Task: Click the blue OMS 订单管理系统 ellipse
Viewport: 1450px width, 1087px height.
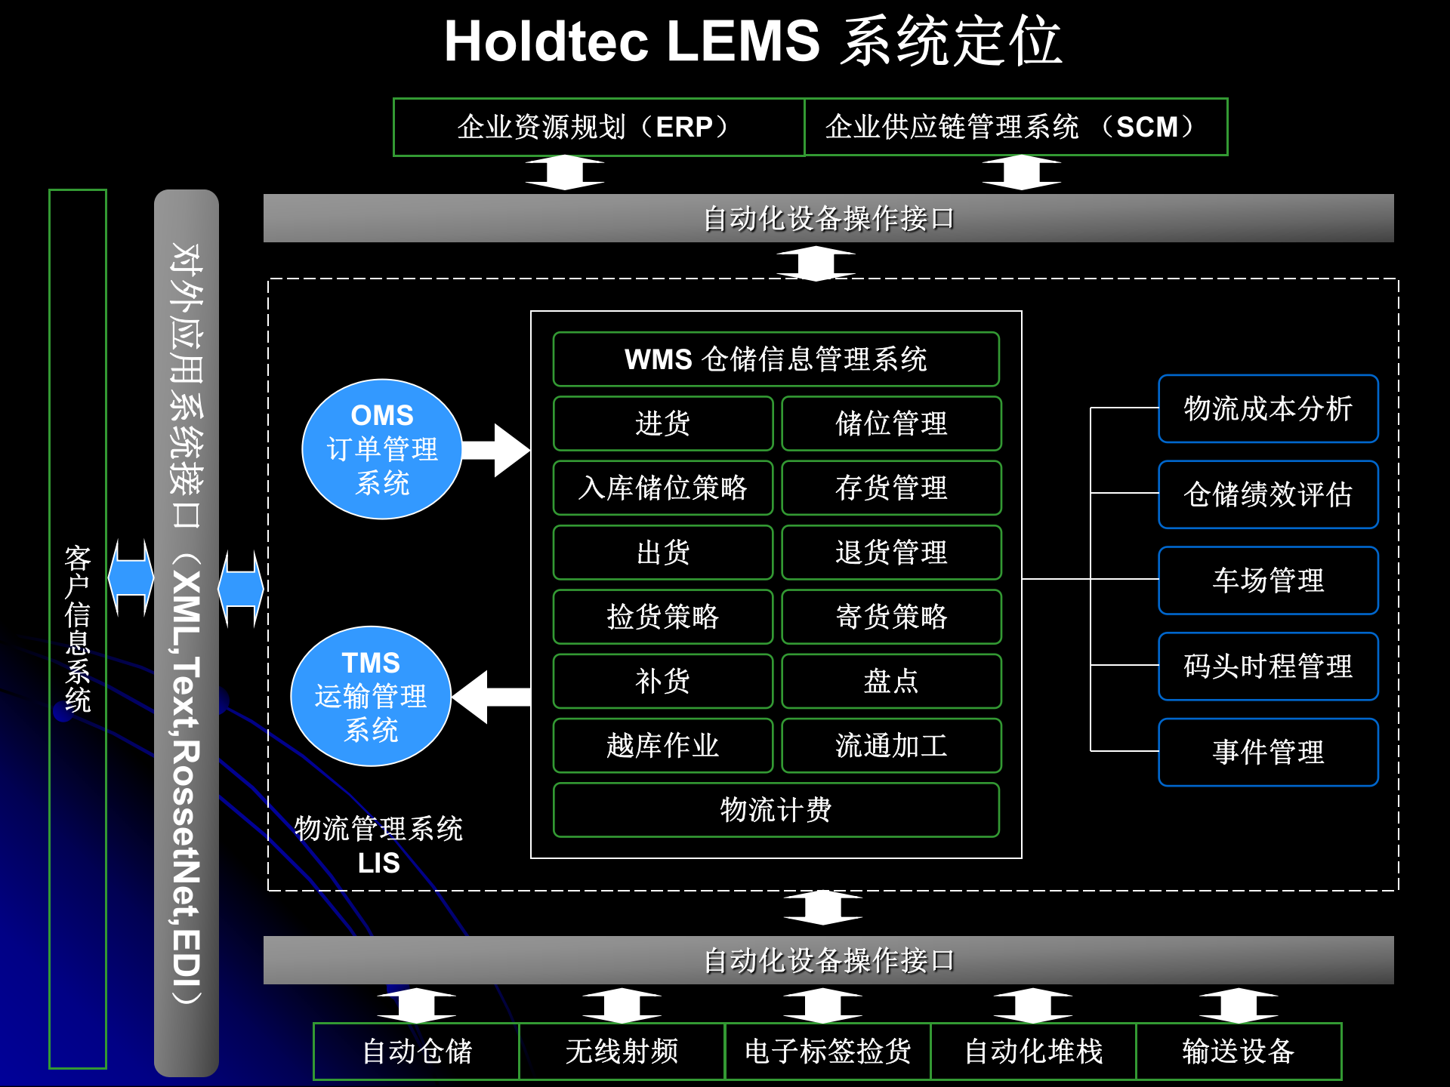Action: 382,449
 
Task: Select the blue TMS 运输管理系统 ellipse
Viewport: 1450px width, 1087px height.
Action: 371,696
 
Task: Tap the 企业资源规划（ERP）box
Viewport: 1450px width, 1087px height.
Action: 598,127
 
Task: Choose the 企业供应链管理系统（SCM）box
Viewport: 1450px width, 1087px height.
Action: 1015,127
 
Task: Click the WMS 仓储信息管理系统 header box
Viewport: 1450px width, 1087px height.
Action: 776,359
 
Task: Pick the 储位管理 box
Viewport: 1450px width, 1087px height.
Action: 891,423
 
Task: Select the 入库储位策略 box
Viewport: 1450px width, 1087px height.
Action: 662,488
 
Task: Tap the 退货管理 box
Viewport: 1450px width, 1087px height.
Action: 891,552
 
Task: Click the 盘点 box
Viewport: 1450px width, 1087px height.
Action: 891,681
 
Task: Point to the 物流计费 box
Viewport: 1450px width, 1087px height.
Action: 776,810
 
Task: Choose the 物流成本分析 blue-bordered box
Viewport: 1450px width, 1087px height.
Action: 1268,408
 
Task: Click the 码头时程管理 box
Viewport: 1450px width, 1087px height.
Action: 1268,666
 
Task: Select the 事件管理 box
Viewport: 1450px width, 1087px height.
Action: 1268,752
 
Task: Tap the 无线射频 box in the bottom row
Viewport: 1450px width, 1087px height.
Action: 622,1051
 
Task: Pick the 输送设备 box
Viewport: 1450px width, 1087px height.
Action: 1239,1051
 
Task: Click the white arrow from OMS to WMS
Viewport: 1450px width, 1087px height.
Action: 496,450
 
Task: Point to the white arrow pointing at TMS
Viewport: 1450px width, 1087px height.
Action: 492,697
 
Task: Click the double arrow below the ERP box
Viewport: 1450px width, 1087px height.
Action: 565,173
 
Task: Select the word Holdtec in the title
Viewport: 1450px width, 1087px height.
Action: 546,42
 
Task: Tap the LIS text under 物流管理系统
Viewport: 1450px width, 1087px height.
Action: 378,863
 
